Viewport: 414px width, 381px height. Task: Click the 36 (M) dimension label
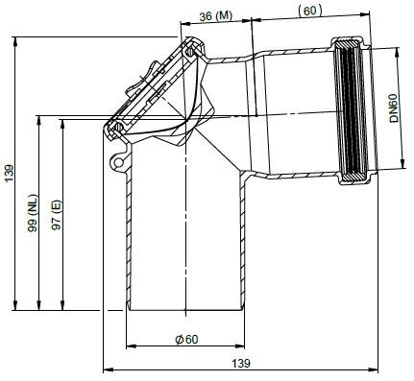click(x=215, y=16)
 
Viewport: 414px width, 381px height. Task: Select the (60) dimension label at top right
click(x=309, y=11)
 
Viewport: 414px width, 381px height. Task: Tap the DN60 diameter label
click(x=394, y=108)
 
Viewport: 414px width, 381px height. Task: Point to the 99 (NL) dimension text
click(x=33, y=213)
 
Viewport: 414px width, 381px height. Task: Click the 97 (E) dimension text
click(x=57, y=215)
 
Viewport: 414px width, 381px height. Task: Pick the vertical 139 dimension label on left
click(x=9, y=173)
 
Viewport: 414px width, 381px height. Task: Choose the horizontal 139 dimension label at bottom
click(x=241, y=364)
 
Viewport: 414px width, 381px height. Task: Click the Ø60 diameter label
click(x=187, y=339)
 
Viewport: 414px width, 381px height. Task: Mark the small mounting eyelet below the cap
click(x=118, y=162)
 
